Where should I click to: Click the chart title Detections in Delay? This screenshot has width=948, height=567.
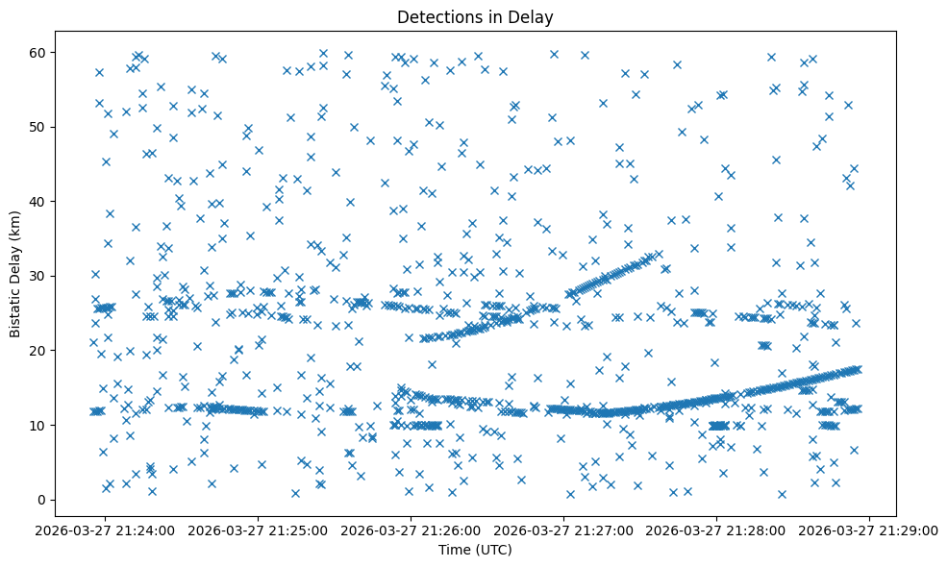(474, 17)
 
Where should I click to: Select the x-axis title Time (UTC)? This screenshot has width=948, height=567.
(474, 551)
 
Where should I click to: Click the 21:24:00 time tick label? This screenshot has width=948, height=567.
(107, 530)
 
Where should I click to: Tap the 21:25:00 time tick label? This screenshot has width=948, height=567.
(260, 530)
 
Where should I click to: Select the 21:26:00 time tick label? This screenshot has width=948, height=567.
(412, 530)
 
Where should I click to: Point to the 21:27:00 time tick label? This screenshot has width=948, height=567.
(565, 530)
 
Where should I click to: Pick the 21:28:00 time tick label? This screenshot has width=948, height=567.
(718, 530)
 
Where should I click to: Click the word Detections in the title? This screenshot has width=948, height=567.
(433, 17)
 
